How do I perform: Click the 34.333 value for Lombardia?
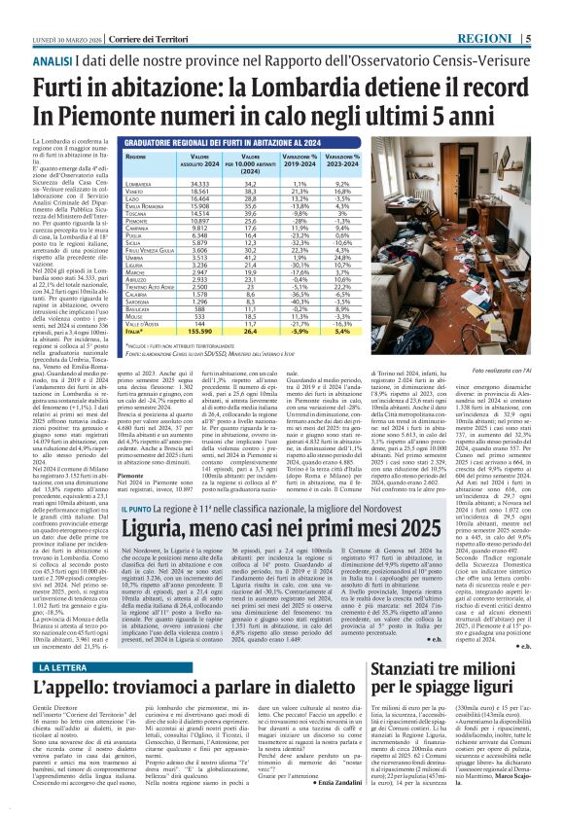(173, 183)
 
